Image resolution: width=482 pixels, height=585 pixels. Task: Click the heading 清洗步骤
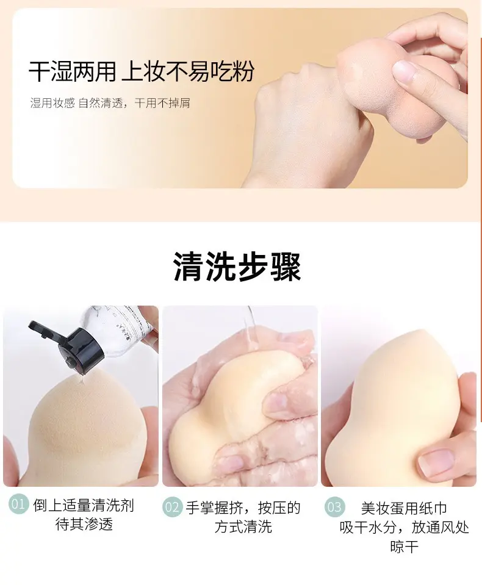coord(237,267)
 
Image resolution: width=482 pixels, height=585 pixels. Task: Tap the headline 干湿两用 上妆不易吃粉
coord(142,71)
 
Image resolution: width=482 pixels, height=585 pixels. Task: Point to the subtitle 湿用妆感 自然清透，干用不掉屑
coord(110,102)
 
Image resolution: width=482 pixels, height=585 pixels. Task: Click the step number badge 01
coord(19,504)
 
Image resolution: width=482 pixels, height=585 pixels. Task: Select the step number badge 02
coord(172,507)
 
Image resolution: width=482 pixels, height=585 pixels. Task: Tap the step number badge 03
coord(334,507)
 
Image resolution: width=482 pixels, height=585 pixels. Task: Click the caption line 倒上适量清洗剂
coord(84,505)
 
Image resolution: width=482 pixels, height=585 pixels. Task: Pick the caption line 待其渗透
coord(84,525)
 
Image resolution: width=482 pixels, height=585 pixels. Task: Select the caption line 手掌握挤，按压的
coord(243,508)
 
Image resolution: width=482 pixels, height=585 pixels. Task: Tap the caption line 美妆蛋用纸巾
coord(404,508)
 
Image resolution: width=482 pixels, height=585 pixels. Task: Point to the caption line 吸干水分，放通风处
coord(404,528)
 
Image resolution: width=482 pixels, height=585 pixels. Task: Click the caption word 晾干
coord(404,547)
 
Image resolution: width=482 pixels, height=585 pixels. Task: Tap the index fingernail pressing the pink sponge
coord(404,71)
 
